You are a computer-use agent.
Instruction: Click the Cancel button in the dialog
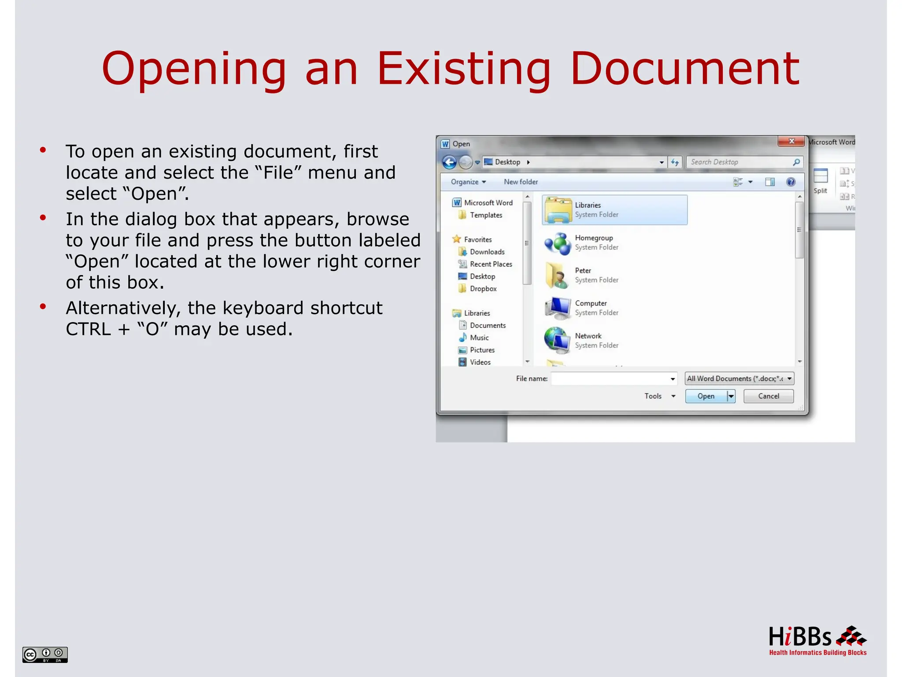(x=768, y=396)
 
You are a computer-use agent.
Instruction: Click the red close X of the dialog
(x=791, y=141)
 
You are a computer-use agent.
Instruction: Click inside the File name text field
(x=610, y=379)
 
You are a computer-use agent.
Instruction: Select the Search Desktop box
(x=740, y=162)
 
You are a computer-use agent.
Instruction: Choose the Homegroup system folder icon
(x=557, y=243)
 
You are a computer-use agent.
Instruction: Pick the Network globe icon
(x=557, y=340)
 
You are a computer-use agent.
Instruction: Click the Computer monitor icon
(x=557, y=308)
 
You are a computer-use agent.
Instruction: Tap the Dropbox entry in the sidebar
(x=483, y=289)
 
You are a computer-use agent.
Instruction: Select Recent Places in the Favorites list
(x=491, y=264)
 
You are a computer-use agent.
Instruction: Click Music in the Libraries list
(x=479, y=338)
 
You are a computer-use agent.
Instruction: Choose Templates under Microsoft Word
(x=486, y=215)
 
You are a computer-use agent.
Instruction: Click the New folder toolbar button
(x=521, y=182)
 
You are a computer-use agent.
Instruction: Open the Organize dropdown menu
(x=468, y=182)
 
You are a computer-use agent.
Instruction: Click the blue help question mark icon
(x=791, y=182)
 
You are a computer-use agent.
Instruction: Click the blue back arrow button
(x=449, y=163)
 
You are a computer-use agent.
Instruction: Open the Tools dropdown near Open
(x=659, y=396)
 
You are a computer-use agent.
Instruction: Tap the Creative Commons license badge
(x=45, y=655)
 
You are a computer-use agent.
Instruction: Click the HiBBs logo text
(x=800, y=637)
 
